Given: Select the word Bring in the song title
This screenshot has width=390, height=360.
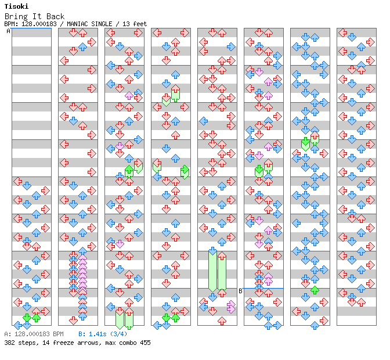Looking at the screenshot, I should click(x=15, y=16).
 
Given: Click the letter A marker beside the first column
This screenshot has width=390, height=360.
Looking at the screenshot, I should click(x=8, y=31).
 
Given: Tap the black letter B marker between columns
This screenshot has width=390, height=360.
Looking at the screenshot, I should click(x=240, y=291).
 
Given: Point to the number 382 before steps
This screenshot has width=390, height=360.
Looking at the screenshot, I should click(x=10, y=343).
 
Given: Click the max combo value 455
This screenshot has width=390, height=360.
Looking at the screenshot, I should click(x=143, y=343).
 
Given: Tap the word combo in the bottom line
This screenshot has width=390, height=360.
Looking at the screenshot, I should click(x=124, y=343).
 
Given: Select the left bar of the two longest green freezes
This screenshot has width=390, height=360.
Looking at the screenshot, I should click(x=212, y=271).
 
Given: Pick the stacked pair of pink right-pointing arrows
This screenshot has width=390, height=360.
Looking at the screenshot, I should click(x=231, y=306).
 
